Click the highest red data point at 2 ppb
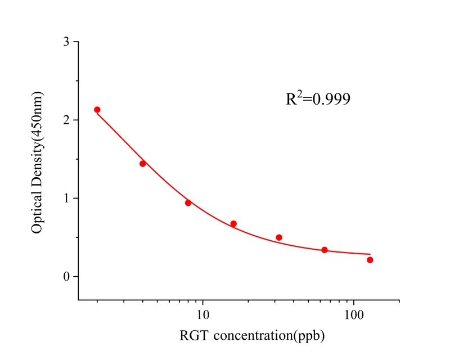click(97, 110)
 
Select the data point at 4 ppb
click(143, 164)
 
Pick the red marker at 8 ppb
click(188, 202)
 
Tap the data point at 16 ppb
click(233, 224)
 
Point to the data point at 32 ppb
click(279, 237)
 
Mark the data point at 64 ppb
click(325, 250)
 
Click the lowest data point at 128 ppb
click(370, 260)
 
